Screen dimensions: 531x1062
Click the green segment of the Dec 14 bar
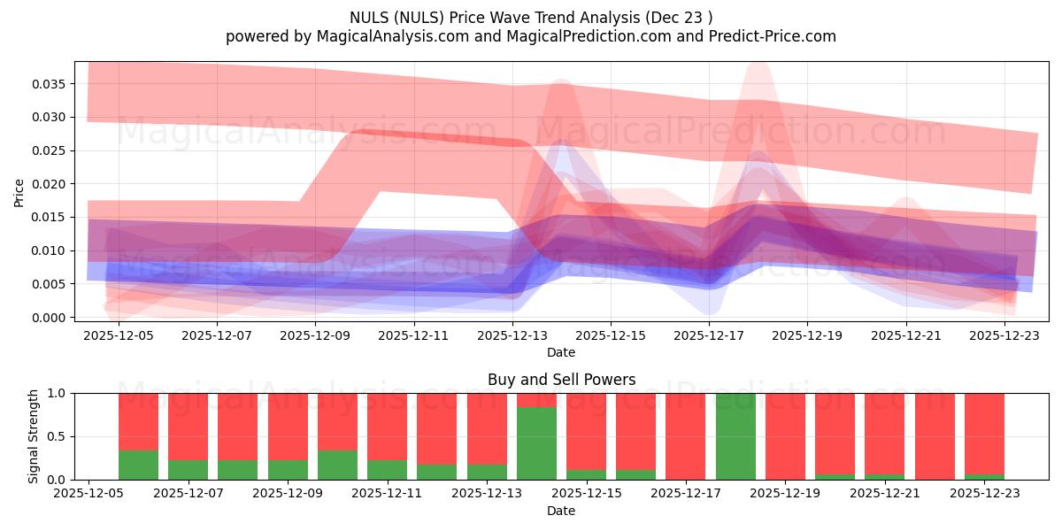[537, 443]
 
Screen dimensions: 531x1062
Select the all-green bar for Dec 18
[736, 436]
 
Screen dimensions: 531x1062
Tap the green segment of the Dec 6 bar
[138, 465]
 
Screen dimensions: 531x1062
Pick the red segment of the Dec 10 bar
[338, 421]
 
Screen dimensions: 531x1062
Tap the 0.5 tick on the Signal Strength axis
[58, 436]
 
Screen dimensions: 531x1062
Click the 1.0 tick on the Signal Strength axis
[58, 393]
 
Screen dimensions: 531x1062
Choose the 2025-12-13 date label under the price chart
[512, 336]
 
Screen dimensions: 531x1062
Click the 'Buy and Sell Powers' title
[561, 380]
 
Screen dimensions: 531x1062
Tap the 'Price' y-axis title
[19, 192]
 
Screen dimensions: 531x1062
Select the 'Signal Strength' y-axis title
[33, 436]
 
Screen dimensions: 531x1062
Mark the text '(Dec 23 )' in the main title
[681, 17]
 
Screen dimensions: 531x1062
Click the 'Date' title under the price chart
[561, 352]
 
